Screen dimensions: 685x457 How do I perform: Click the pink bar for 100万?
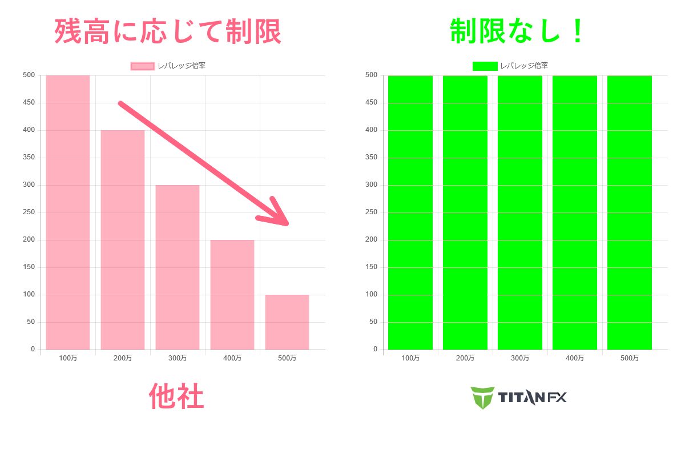[x=68, y=213]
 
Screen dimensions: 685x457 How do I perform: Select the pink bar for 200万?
[x=123, y=240]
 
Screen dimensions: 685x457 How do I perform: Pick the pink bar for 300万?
[x=178, y=267]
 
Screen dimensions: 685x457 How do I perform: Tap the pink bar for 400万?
[x=232, y=295]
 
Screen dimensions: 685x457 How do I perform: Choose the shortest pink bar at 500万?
[x=287, y=322]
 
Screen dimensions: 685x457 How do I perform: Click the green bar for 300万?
[x=520, y=213]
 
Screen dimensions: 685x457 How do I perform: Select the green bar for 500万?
[x=629, y=213]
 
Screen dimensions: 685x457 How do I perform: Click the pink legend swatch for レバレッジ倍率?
[x=143, y=66]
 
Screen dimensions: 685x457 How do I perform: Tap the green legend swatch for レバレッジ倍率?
[x=485, y=66]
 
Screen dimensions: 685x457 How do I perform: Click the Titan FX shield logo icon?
[x=482, y=398]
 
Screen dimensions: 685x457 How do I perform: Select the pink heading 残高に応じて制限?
[x=168, y=31]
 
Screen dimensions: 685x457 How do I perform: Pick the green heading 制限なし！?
[x=517, y=31]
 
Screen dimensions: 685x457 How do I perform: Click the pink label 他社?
[x=176, y=396]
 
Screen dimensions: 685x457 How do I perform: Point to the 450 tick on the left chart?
[x=29, y=102]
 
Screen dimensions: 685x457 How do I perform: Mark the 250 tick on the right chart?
[x=371, y=212]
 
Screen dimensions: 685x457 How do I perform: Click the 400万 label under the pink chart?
[x=232, y=358]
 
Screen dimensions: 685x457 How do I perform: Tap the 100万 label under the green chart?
[x=410, y=358]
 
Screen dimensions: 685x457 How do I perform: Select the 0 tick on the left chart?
[x=33, y=349]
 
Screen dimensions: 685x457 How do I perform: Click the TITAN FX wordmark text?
[x=532, y=398]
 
